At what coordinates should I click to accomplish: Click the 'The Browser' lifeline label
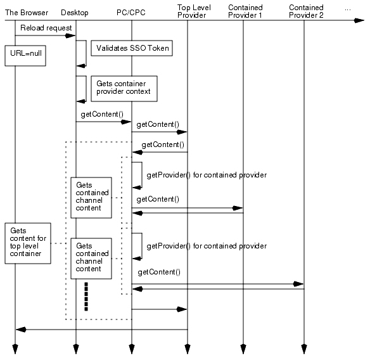26,13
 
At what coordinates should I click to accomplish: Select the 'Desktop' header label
75,13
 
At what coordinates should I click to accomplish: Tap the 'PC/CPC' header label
131,13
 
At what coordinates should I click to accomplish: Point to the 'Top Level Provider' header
192,11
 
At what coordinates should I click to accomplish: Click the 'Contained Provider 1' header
245,11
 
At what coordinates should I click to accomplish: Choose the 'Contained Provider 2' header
305,11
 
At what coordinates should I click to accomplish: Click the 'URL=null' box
23,55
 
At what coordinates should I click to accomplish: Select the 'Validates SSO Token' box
132,48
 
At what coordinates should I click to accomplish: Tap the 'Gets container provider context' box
124,87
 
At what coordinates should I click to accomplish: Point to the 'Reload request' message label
46,28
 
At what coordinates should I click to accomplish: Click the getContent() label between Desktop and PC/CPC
101,114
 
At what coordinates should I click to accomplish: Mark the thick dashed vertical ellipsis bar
86,297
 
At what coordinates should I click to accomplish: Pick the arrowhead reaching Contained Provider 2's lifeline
300,284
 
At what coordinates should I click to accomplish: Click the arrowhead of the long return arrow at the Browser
20,330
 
